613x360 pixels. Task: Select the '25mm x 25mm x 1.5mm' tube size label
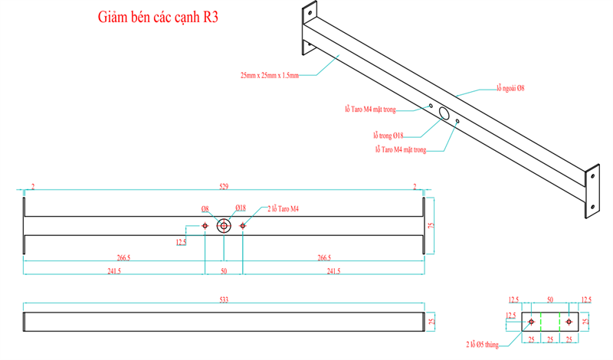[x=268, y=75]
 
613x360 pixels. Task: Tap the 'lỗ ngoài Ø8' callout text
[x=510, y=89]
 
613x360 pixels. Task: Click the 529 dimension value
[x=224, y=186]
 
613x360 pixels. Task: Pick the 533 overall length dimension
[x=224, y=299]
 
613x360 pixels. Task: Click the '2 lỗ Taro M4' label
[x=283, y=208]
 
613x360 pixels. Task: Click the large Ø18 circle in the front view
[x=224, y=226]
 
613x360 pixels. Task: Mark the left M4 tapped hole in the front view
[x=205, y=226]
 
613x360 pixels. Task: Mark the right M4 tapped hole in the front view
[x=243, y=226]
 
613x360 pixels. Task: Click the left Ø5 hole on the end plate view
[x=532, y=322]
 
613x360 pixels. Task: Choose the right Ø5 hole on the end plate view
[x=569, y=322]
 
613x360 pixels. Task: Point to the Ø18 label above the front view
[x=240, y=208]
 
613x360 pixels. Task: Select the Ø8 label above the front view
[x=205, y=208]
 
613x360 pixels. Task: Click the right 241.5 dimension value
[x=333, y=270]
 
